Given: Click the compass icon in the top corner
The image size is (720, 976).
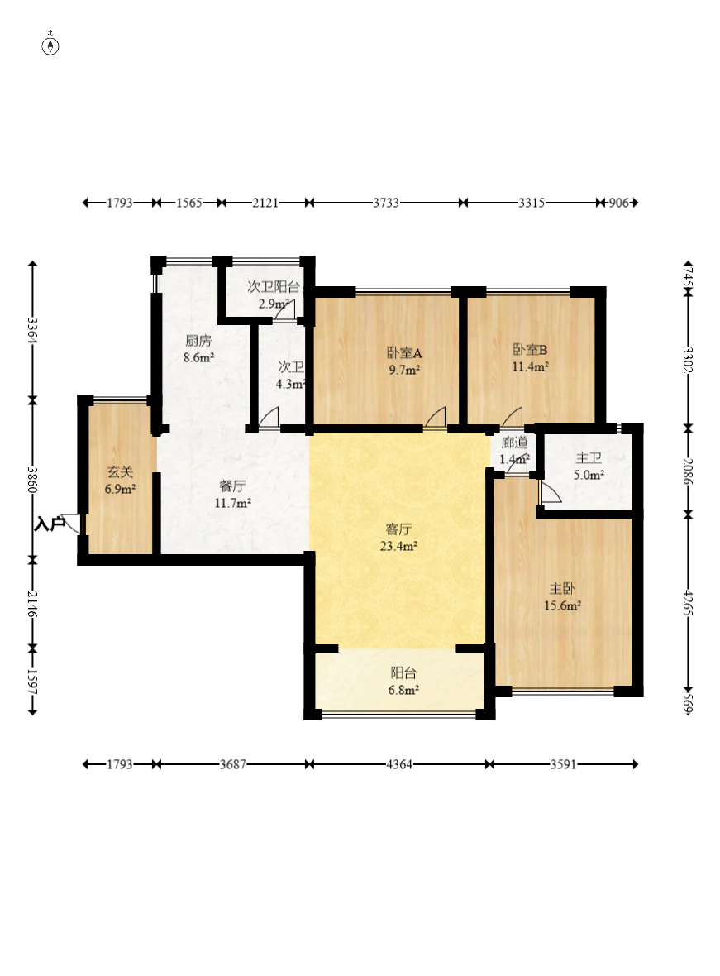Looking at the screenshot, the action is click(50, 45).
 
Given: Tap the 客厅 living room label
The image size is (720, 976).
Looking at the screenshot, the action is click(398, 529).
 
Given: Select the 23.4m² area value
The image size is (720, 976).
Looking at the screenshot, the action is click(398, 547).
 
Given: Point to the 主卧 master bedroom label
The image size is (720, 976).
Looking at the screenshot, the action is click(562, 588).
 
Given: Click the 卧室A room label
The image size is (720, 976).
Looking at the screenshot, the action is click(404, 353).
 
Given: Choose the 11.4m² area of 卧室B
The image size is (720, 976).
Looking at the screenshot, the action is click(530, 366).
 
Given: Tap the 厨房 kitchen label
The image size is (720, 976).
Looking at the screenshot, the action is click(198, 341).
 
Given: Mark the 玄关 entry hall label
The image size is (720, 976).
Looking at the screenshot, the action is click(120, 472).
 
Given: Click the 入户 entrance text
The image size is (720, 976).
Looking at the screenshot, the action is click(50, 524).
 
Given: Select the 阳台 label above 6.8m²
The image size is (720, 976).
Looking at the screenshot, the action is click(403, 673).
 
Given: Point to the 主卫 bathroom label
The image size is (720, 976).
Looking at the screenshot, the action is click(589, 458).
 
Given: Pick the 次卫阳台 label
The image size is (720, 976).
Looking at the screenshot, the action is click(274, 287).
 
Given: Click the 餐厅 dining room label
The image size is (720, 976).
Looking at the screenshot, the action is click(232, 486).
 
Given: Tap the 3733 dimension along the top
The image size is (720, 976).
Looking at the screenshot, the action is click(386, 203).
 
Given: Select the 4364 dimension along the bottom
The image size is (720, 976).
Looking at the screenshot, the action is click(399, 763).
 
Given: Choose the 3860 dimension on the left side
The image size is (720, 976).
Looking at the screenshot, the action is click(32, 480).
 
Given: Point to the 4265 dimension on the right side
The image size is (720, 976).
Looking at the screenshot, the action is click(688, 602).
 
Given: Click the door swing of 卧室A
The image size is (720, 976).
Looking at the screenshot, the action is click(436, 417).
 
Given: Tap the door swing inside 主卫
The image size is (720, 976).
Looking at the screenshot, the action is click(550, 492).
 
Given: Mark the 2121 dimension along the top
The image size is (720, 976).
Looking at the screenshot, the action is click(265, 203).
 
